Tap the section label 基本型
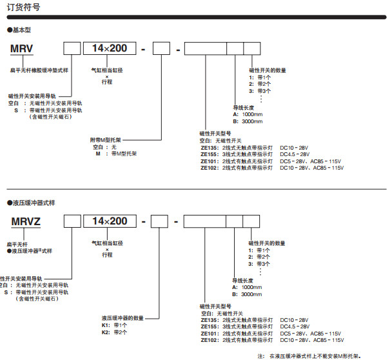(x=21, y=30)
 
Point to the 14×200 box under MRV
(x=109, y=48)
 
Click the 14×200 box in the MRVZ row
(x=110, y=222)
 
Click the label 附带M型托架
(x=106, y=139)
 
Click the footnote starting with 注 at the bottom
(x=309, y=355)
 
